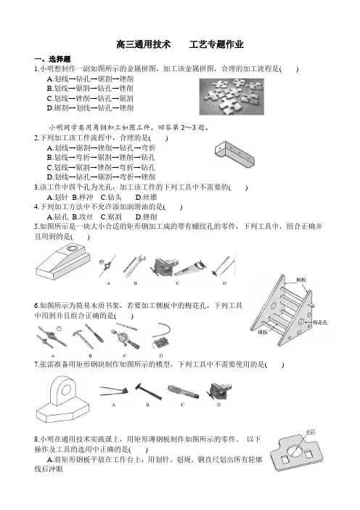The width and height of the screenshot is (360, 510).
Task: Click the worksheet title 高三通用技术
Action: click(x=144, y=44)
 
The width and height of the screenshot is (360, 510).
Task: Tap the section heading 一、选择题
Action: click(x=52, y=59)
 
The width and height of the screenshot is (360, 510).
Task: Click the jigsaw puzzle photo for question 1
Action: click(x=232, y=97)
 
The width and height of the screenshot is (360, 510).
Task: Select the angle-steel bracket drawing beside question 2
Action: click(x=234, y=155)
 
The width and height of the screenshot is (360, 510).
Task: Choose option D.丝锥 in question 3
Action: click(x=146, y=197)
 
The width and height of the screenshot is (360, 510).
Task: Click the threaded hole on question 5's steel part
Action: click(x=72, y=249)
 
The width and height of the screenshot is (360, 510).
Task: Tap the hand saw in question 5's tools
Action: click(x=191, y=268)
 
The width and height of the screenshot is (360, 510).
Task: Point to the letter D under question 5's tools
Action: click(x=224, y=283)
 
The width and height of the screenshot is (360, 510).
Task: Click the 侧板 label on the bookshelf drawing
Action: click(x=301, y=280)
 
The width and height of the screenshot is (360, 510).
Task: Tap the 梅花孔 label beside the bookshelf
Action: click(x=320, y=323)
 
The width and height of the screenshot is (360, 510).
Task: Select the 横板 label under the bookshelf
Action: click(x=263, y=333)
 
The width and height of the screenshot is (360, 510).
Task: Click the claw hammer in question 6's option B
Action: click(x=81, y=339)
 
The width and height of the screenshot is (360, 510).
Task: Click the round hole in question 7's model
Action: click(x=66, y=389)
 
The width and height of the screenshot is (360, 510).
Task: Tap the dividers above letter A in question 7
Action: click(x=114, y=390)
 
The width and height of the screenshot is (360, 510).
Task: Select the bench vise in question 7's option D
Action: click(x=219, y=391)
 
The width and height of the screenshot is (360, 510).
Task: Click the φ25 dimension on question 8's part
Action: click(x=311, y=432)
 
